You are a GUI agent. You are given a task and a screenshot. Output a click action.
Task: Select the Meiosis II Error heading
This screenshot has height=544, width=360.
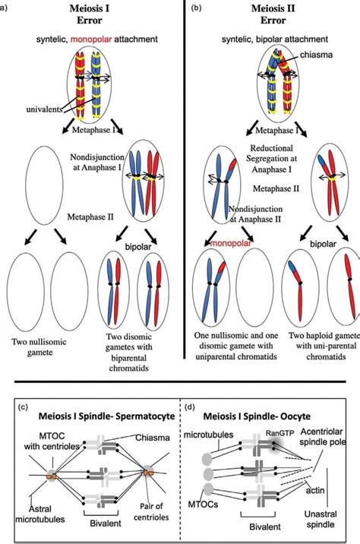click(273, 14)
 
